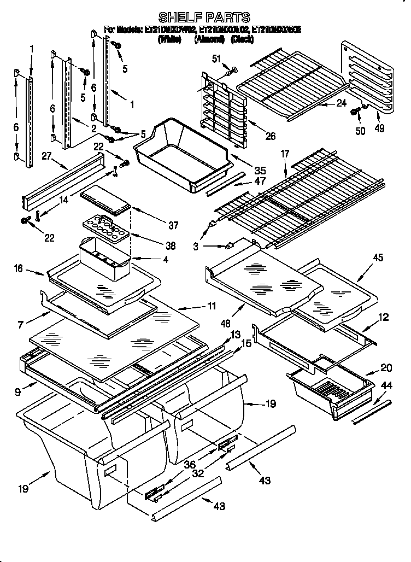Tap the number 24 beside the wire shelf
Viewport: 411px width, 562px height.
(x=342, y=102)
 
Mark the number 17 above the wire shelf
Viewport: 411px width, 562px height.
(x=284, y=155)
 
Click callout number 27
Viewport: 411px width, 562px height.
(x=46, y=156)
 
